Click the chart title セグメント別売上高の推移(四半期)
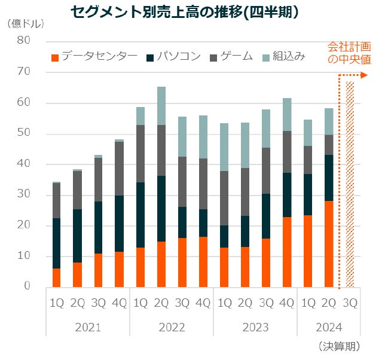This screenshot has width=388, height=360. (184, 11)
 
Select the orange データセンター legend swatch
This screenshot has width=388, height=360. (55, 57)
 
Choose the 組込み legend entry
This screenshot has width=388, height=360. (288, 57)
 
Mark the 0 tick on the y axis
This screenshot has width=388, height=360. (27, 286)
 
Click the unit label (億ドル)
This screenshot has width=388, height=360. (25, 24)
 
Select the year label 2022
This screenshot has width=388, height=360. (172, 327)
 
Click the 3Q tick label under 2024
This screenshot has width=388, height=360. (350, 304)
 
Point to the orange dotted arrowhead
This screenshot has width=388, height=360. (366, 75)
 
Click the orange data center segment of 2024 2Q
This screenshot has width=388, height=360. (329, 243)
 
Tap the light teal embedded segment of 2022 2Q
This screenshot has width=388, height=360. (161, 106)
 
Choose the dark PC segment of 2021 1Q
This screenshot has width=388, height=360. (56, 243)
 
